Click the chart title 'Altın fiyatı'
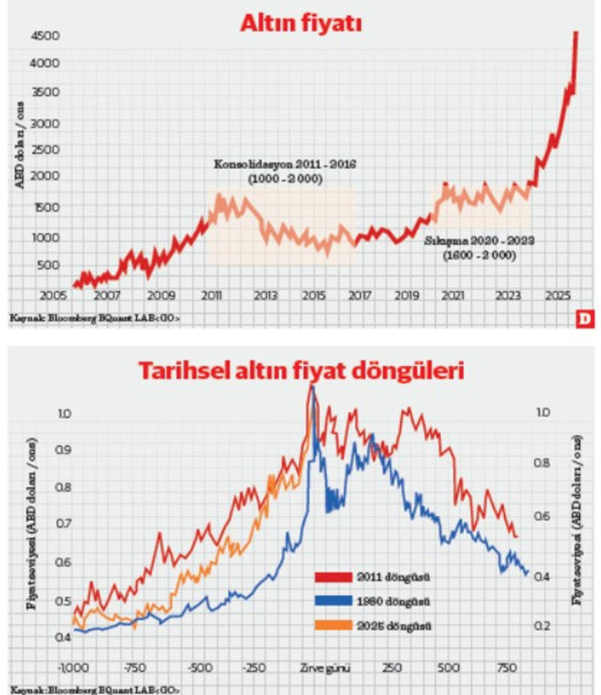[300, 23]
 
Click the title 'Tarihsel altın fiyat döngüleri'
[300, 370]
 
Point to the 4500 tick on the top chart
[46, 35]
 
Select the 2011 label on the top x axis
[211, 295]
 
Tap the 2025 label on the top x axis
[557, 295]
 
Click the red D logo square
[584, 319]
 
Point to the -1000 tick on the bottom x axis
[71, 668]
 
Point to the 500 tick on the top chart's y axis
[49, 265]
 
